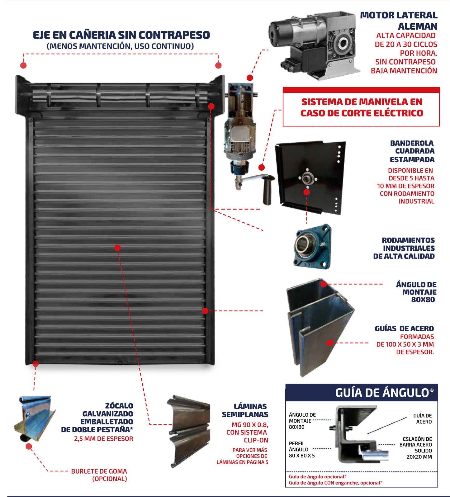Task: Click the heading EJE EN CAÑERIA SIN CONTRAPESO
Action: pos(121,35)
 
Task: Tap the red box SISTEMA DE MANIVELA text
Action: pos(362,107)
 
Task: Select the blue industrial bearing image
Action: pos(312,246)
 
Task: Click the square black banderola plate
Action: pos(310,176)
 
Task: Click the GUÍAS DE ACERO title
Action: pos(404,329)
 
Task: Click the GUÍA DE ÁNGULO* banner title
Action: pos(384,393)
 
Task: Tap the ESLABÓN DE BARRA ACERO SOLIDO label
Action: pos(416,448)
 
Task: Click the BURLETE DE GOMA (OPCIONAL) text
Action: pos(99,475)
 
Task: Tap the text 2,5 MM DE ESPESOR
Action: pos(103,438)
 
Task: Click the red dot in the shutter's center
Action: pos(117,248)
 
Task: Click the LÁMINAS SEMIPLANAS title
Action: pos(245,410)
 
